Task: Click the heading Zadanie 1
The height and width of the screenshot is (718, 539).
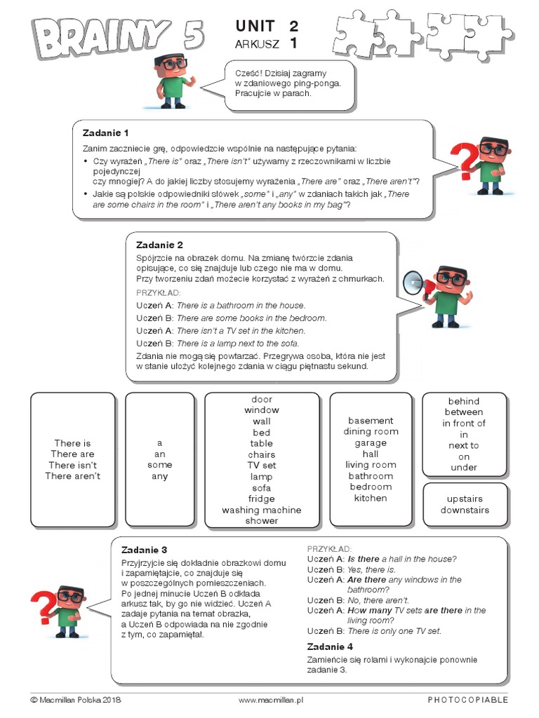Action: click(x=105, y=133)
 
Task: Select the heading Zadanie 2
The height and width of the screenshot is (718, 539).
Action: click(x=159, y=245)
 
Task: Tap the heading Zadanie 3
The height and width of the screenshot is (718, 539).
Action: click(x=145, y=549)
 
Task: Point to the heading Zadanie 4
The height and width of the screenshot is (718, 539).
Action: click(x=330, y=646)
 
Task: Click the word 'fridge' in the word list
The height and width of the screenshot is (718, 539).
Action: click(x=261, y=499)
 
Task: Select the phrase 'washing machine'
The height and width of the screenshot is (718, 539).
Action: click(x=261, y=510)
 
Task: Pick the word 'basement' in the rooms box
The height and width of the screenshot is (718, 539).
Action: click(x=371, y=421)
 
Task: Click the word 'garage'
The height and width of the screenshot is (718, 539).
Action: click(x=371, y=443)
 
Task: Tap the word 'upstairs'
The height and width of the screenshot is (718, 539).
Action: click(x=464, y=499)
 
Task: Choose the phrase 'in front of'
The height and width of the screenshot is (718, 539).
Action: click(x=464, y=424)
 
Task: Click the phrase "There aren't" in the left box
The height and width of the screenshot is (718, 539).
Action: click(x=72, y=476)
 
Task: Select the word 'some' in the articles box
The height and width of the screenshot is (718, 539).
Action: click(x=160, y=465)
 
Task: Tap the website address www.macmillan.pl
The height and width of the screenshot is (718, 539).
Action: click(x=269, y=700)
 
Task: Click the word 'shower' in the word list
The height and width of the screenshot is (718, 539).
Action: click(x=261, y=521)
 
